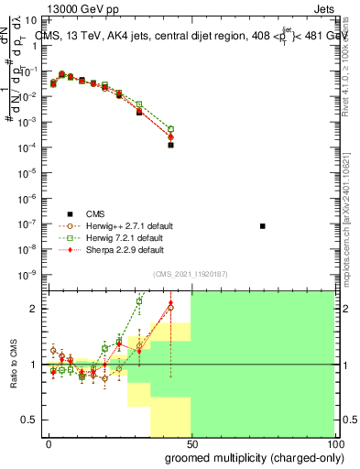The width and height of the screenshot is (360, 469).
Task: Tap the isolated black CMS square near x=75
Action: pos(263,225)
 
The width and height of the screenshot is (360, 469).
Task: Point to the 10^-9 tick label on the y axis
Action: pos(29,274)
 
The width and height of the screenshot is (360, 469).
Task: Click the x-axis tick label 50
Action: pos(191,443)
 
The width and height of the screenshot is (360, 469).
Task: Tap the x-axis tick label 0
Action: pos(49,443)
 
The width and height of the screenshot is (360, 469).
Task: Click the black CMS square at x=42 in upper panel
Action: pos(170,145)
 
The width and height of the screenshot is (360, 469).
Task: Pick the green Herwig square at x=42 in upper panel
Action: pos(170,129)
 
